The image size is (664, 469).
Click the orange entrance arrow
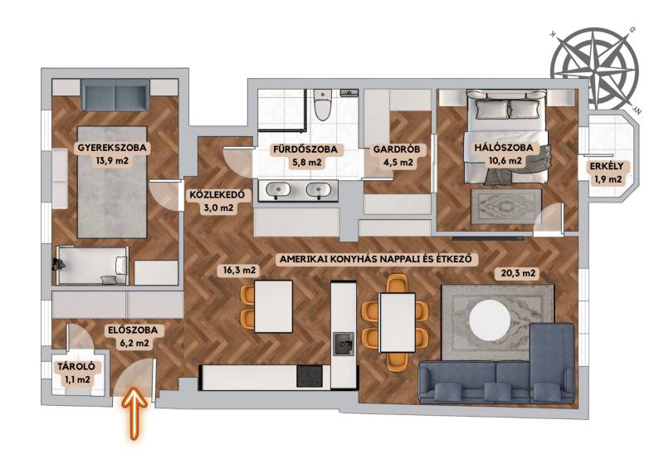[x=134, y=413]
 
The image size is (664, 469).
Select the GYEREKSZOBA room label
[x=112, y=148]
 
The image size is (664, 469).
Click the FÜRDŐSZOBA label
[x=305, y=149]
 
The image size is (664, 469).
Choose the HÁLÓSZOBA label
[x=504, y=148]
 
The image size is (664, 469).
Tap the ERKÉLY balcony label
[x=607, y=167]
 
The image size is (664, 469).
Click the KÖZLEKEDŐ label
[x=217, y=195]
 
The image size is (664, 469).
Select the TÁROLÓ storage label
[x=76, y=367]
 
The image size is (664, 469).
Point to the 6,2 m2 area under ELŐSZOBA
[x=134, y=343]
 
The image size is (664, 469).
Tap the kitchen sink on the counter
[x=344, y=344]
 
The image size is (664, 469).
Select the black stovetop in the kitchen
[x=310, y=377]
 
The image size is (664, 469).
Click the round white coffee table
[x=490, y=320]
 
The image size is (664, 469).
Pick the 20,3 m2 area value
[x=518, y=273]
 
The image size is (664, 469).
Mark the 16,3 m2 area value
[x=239, y=270]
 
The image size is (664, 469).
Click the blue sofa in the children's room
[x=115, y=95]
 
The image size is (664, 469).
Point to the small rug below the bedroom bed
[x=506, y=207]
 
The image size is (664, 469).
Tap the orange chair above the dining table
[x=398, y=283]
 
